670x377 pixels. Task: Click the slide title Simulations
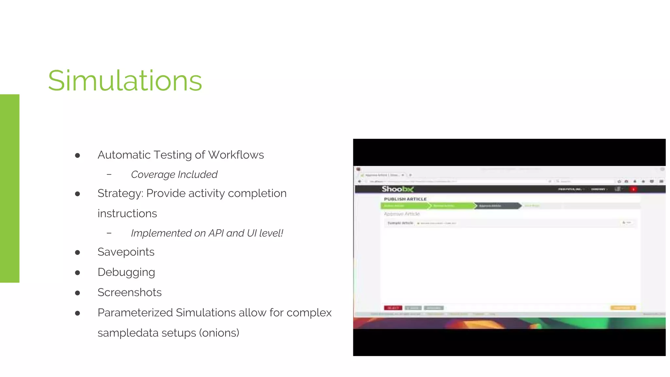tap(125, 81)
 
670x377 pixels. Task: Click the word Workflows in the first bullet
tap(236, 155)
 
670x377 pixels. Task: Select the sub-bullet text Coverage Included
tap(174, 174)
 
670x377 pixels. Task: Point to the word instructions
tap(127, 213)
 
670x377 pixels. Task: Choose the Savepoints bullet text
tap(126, 252)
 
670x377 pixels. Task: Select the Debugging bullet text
tap(126, 272)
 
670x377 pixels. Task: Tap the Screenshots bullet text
tap(130, 292)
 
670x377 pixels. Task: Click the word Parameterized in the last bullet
tap(135, 313)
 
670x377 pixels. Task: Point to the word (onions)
tap(220, 333)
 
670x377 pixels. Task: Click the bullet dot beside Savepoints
tap(78, 252)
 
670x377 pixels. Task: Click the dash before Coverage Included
tap(109, 174)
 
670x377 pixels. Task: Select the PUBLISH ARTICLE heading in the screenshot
tap(405, 199)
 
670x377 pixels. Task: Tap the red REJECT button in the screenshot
tap(393, 308)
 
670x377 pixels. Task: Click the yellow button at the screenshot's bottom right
tap(623, 308)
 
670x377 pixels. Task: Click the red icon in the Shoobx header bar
tap(633, 189)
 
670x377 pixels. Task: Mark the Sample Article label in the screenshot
tap(400, 223)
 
